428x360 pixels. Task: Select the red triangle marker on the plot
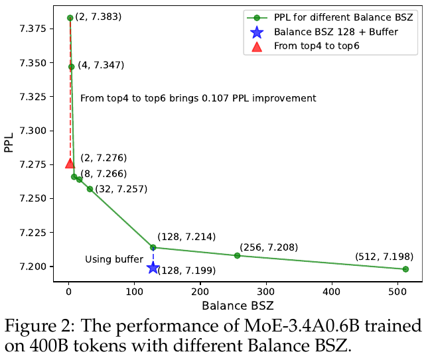[70, 163]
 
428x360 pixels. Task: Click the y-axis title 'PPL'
[9, 142]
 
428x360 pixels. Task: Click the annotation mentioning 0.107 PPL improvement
[198, 98]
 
